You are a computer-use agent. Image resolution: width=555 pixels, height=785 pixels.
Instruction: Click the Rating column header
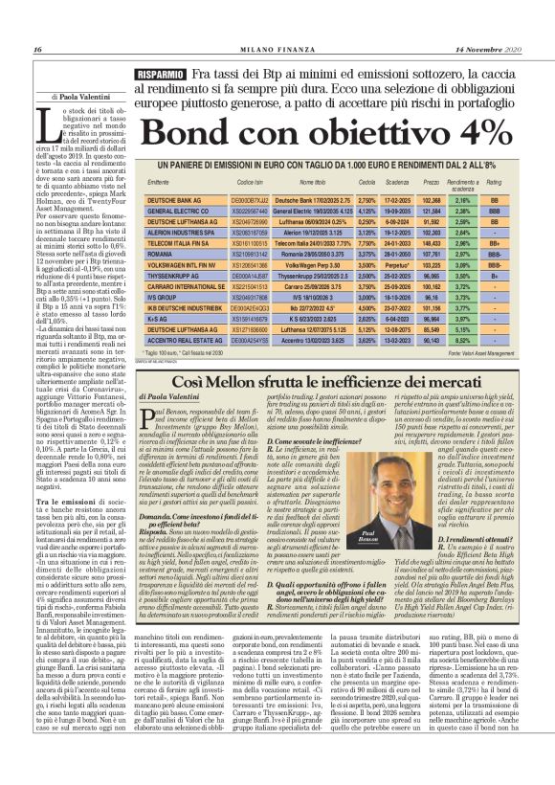point(495,184)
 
